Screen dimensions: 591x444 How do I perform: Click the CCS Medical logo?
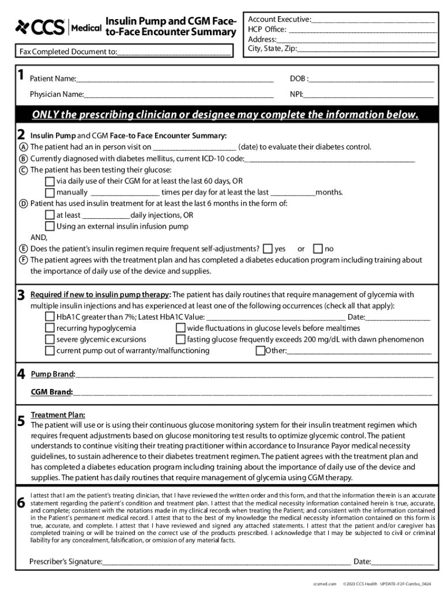58,27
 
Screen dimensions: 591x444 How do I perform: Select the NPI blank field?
368,94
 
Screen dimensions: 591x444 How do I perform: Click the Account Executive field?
373,20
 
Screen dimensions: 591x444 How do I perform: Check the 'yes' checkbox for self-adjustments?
268,249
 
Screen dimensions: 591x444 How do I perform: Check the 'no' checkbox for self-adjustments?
318,249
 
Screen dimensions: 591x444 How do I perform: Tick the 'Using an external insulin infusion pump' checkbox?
50,226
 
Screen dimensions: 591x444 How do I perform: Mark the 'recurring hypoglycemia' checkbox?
50,328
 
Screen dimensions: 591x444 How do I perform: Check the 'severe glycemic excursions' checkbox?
50,339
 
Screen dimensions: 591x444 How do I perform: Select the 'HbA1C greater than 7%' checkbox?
50,317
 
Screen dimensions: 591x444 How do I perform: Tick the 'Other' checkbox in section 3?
260,350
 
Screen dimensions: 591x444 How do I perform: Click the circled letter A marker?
23,147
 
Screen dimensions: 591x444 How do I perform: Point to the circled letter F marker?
23,260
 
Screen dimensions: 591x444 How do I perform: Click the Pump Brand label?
52,375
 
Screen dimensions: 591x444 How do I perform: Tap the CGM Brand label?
51,392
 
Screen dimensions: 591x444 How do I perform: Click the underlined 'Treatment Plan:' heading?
58,414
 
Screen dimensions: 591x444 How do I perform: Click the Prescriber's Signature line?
226,561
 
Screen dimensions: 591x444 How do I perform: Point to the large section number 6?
21,503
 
